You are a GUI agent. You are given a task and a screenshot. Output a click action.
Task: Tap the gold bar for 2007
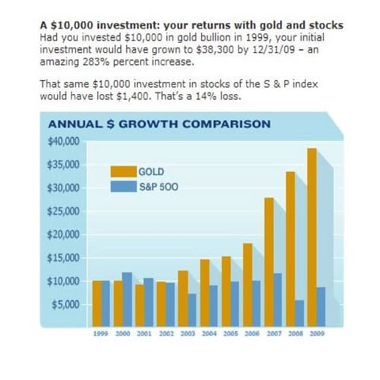click(x=269, y=261)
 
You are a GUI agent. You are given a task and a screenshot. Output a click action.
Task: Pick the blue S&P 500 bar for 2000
click(x=127, y=298)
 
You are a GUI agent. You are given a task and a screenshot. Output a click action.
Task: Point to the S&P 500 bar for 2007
click(x=279, y=298)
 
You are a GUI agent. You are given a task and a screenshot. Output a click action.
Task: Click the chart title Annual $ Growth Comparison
click(x=159, y=123)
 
